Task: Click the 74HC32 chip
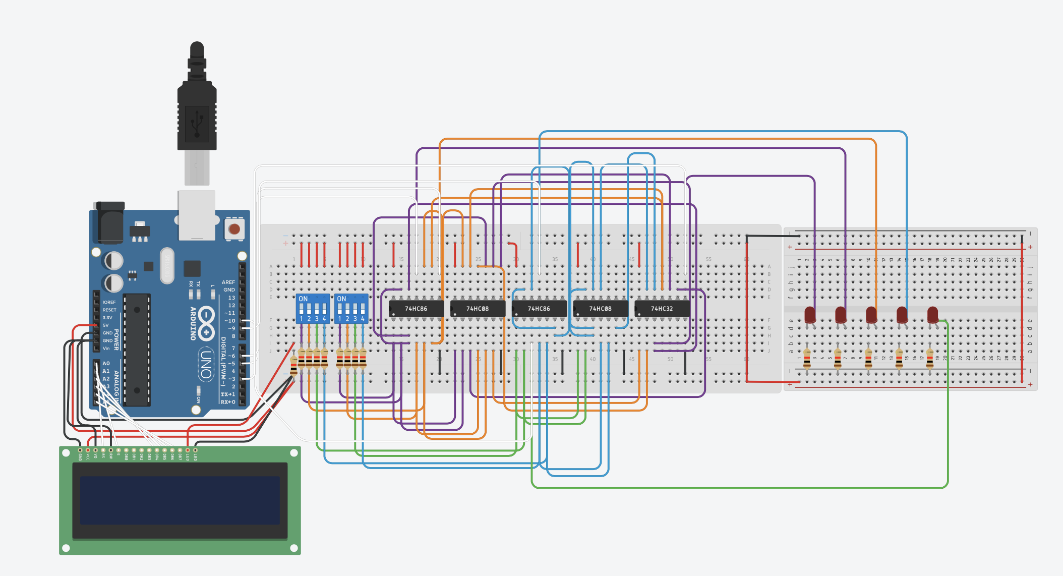[662, 308]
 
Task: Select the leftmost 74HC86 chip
[416, 308]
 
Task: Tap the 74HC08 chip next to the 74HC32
[600, 308]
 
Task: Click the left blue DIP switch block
[313, 309]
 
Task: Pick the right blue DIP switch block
[351, 309]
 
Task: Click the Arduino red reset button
[234, 229]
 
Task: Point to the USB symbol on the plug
[197, 123]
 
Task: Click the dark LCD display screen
[180, 500]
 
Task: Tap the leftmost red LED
[810, 315]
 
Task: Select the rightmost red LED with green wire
[932, 315]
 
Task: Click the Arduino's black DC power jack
[109, 222]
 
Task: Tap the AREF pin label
[228, 282]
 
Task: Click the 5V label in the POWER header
[106, 325]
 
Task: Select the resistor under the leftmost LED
[807, 358]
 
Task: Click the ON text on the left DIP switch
[303, 299]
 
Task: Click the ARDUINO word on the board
[193, 323]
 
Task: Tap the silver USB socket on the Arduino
[197, 214]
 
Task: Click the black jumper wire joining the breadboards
[772, 236]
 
